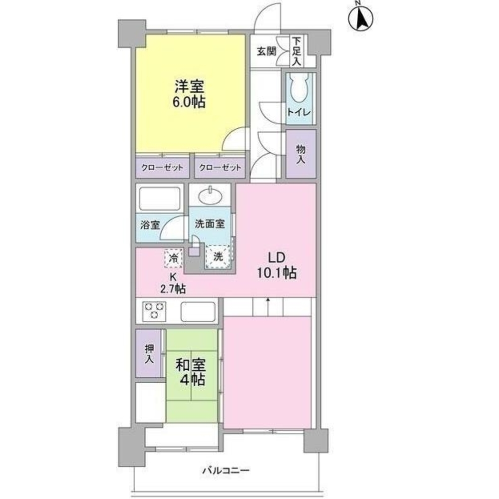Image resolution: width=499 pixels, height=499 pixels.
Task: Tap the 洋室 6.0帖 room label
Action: [189, 94]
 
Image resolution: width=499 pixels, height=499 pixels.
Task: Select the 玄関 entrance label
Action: [266, 51]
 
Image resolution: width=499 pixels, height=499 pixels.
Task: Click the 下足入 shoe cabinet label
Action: [296, 51]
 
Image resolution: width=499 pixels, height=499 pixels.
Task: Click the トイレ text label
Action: [299, 112]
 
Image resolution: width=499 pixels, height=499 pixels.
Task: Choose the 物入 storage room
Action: [301, 154]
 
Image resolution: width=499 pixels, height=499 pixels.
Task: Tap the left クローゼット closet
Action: [162, 167]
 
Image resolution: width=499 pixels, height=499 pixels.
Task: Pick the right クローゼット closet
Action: [220, 167]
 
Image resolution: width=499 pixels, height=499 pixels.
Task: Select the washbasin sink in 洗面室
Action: [211, 196]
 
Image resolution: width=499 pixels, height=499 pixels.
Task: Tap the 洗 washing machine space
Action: [218, 256]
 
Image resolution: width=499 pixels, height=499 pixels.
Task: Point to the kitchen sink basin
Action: [198, 311]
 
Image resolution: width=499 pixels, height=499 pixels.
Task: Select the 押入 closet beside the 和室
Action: [149, 354]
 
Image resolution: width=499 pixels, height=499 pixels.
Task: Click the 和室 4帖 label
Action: [191, 372]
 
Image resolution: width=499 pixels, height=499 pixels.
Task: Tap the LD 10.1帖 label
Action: [277, 265]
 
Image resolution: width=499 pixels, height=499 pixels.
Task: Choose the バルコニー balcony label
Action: [226, 471]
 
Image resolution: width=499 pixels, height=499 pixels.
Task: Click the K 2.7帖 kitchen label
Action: [173, 282]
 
